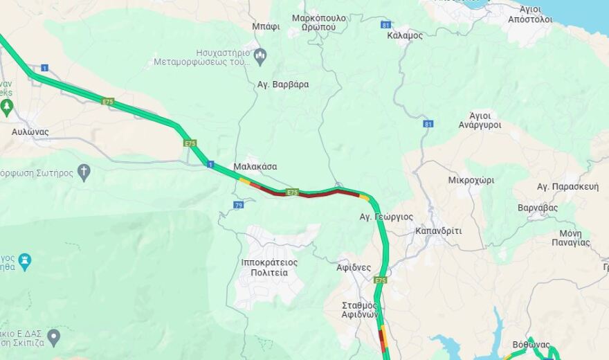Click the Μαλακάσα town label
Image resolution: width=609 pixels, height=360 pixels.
[255, 166]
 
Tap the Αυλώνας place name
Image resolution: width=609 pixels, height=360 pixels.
[30, 131]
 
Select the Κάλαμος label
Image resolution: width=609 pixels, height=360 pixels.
[406, 35]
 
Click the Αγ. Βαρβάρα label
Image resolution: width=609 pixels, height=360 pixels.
[283, 84]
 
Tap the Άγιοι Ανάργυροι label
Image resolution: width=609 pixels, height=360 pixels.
[480, 120]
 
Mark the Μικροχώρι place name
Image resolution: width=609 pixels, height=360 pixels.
[471, 180]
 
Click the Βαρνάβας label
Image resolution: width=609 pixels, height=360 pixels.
[538, 207]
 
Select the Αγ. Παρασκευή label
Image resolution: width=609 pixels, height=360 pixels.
[567, 186]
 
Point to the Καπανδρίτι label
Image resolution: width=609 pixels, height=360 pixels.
[438, 231]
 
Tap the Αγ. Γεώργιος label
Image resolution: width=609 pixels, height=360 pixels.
[385, 217]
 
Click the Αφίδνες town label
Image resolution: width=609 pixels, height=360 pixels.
[354, 267]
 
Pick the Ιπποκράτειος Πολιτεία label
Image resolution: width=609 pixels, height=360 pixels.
[269, 267]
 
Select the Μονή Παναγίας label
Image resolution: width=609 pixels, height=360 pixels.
[570, 237]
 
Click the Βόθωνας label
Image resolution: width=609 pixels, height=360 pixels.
[531, 344]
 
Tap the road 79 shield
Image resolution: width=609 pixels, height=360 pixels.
[239, 205]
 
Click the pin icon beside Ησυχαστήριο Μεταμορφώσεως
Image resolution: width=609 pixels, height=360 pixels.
[261, 55]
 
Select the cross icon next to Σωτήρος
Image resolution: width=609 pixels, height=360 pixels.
[84, 172]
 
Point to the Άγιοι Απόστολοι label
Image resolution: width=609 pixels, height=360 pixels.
[530, 14]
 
